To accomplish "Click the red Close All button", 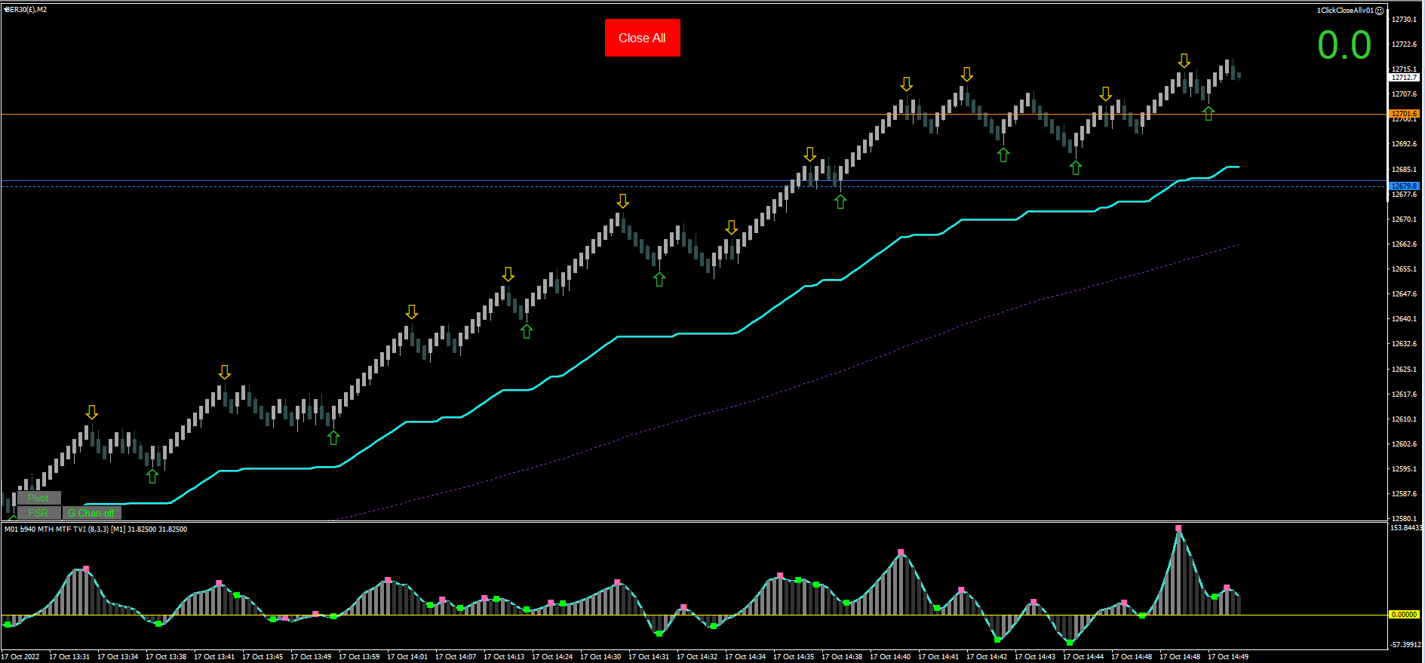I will click(642, 38).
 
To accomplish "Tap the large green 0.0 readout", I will click(1344, 45).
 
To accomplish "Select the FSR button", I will click(38, 513).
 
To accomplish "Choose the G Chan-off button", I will click(91, 513).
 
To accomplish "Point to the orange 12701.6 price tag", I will click(1404, 114).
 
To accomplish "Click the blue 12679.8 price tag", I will click(1404, 186).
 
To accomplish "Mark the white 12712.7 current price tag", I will click(1404, 77).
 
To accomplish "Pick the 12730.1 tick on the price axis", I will click(1404, 20).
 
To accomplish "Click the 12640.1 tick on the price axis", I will click(1404, 319).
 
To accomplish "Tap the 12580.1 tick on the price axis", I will click(1404, 519).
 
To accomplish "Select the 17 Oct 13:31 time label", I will click(69, 657).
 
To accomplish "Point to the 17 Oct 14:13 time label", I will click(504, 657).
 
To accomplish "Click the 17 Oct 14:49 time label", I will click(1228, 657).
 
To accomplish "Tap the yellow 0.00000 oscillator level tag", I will click(1404, 615).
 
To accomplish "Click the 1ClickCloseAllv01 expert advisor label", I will click(1345, 11).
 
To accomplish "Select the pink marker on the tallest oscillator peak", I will click(1178, 528).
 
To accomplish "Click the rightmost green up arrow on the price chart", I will click(1208, 113).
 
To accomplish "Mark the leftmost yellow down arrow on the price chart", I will click(91, 413).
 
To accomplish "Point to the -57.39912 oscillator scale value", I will click(1406, 645).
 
